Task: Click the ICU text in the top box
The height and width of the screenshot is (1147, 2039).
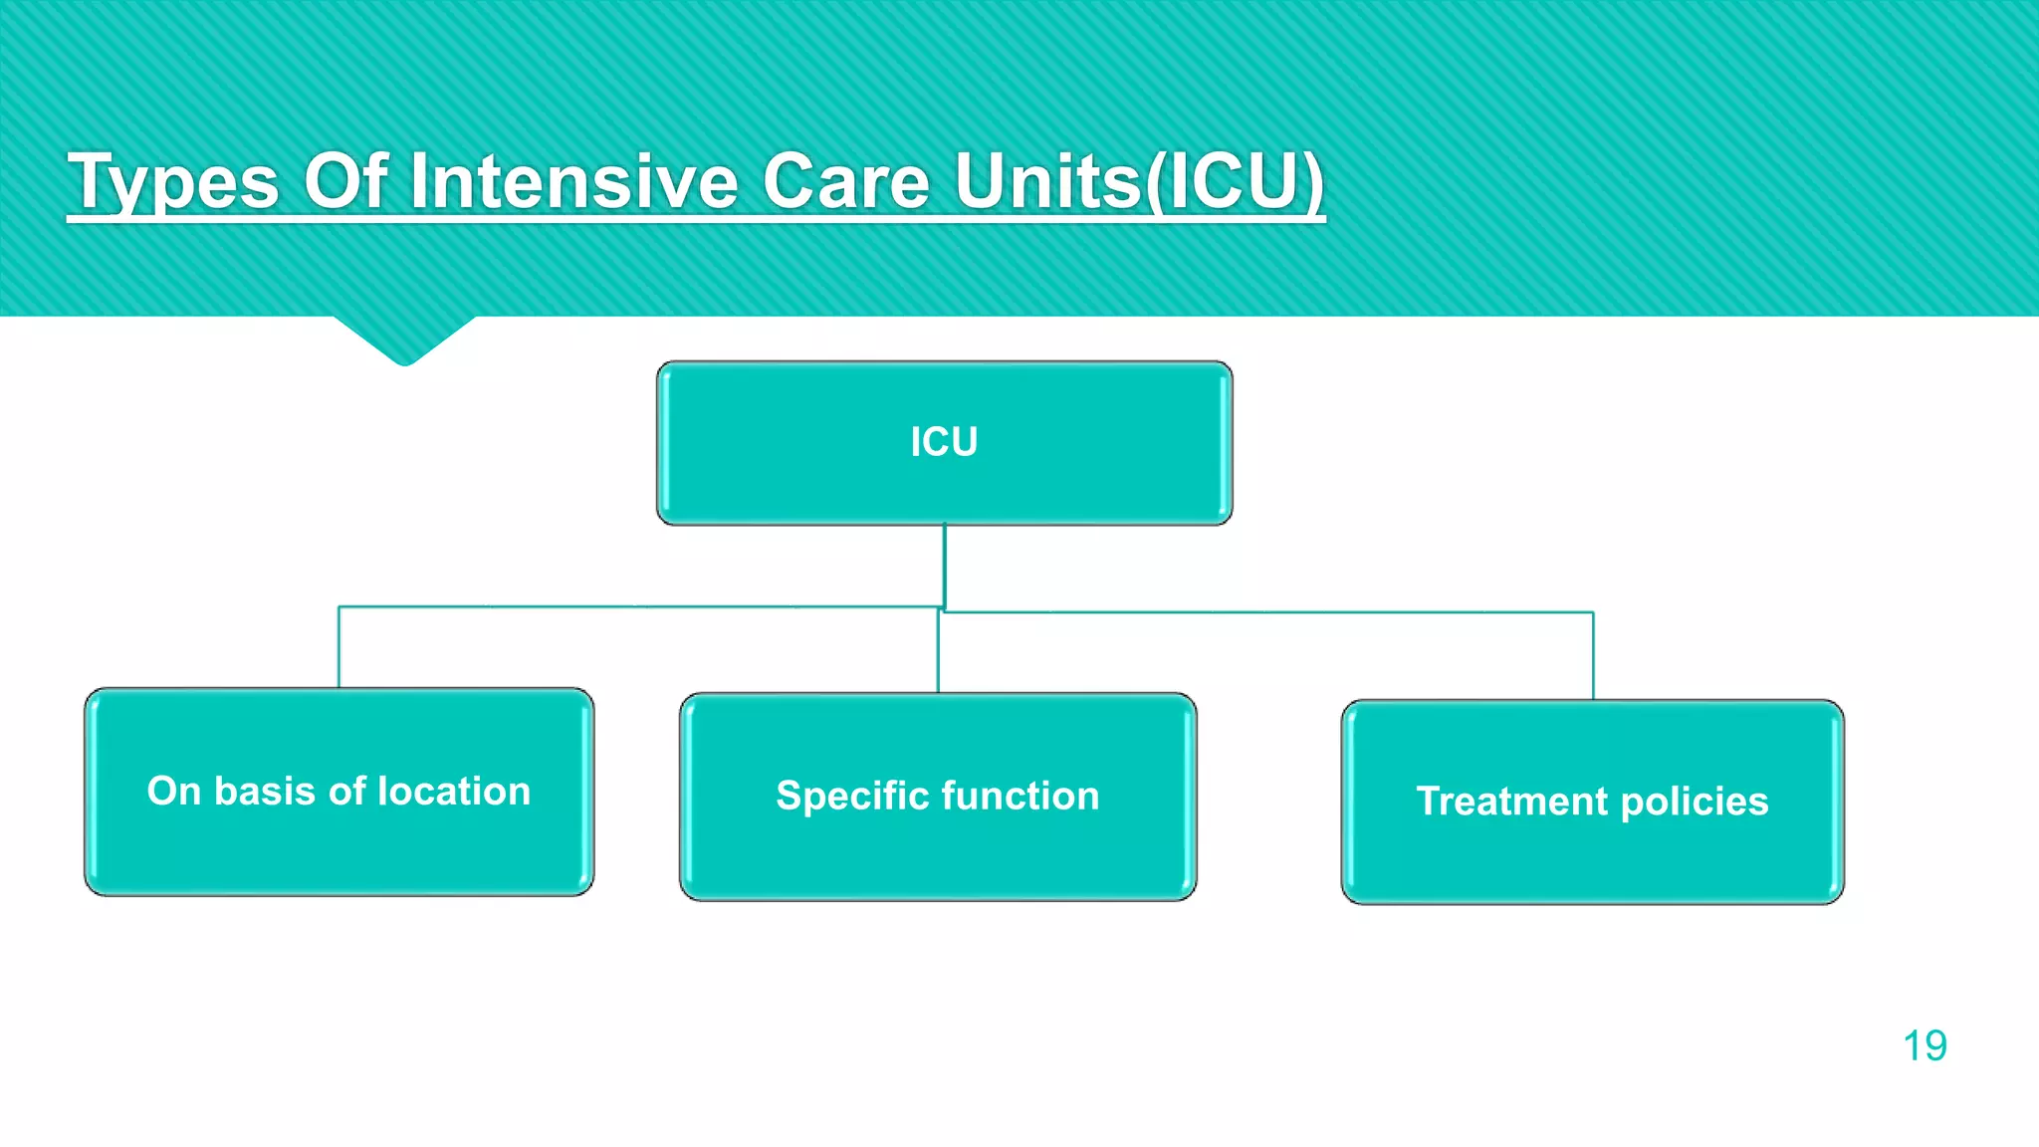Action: click(x=944, y=442)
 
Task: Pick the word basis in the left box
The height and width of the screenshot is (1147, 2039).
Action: click(x=265, y=792)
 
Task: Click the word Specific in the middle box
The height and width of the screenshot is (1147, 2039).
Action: click(x=852, y=797)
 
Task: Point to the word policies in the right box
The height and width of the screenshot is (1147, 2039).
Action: click(x=1695, y=803)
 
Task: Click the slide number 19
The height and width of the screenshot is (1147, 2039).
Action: click(x=1924, y=1046)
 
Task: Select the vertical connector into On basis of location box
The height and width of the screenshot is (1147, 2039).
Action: click(x=340, y=647)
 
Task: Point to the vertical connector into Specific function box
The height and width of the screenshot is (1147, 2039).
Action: click(x=938, y=652)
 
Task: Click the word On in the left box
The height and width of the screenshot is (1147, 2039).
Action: click(x=174, y=792)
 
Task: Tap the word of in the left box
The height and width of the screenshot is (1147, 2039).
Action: click(x=347, y=792)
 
